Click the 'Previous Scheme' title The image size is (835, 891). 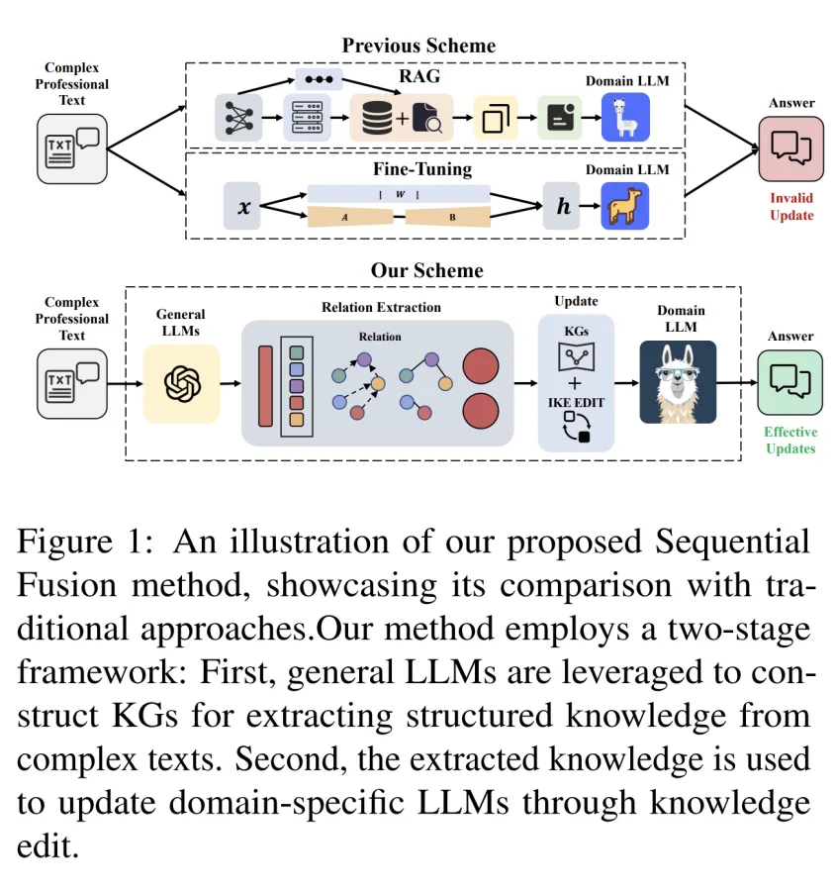(418, 46)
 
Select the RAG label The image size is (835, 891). (419, 76)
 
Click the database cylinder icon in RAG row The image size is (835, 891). (377, 119)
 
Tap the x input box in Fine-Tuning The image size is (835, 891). (242, 206)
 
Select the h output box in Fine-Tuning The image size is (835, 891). (562, 206)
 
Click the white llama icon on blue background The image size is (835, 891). (625, 118)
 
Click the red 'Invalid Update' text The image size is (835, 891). (791, 206)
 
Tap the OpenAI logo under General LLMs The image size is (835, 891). (182, 383)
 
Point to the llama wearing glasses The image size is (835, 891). (677, 382)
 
